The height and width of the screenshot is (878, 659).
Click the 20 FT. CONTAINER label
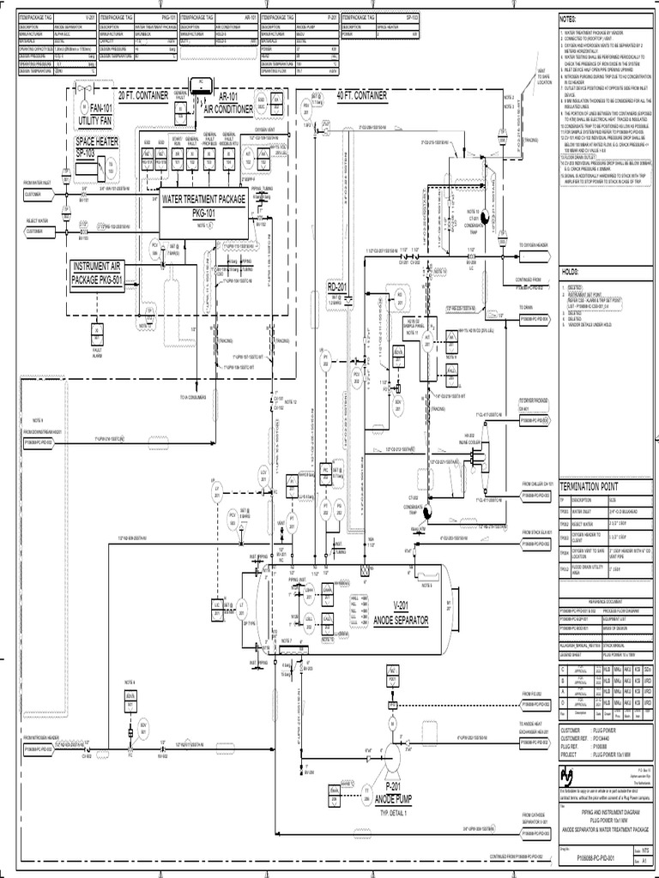pyautogui.click(x=145, y=94)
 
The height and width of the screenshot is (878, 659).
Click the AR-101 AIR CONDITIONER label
pyautogui.click(x=227, y=104)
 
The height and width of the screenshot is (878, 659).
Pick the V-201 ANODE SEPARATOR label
pyautogui.click(x=402, y=614)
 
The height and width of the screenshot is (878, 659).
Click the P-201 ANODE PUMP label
pyautogui.click(x=394, y=793)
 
